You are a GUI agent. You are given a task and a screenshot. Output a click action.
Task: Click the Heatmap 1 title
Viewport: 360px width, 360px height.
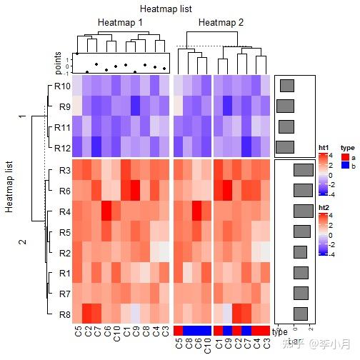click(120, 23)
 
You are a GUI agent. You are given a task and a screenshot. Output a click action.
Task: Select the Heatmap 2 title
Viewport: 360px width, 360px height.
click(221, 23)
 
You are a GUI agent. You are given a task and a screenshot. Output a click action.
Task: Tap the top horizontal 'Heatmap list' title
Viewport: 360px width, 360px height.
click(169, 9)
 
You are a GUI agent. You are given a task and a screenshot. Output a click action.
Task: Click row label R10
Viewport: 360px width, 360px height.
click(61, 86)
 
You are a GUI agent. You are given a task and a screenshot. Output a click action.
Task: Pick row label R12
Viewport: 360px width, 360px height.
click(61, 148)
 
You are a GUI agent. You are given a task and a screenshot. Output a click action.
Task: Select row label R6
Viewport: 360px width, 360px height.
click(64, 191)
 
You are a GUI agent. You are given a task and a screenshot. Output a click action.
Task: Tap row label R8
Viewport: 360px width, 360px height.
click(64, 314)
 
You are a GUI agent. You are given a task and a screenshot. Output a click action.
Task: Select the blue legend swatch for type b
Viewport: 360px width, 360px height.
click(344, 165)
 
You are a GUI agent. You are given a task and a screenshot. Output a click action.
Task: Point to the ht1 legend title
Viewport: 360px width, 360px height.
click(324, 148)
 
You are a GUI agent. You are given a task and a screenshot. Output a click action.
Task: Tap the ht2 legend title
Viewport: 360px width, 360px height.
click(324, 206)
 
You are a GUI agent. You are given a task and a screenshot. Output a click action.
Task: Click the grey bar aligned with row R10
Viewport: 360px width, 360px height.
click(288, 86)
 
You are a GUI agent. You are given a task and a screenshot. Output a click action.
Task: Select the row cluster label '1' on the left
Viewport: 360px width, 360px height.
click(21, 116)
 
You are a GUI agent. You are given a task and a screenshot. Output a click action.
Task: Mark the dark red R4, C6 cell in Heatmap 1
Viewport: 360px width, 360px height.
click(106, 211)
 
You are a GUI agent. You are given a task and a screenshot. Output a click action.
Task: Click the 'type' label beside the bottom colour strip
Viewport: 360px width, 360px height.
click(279, 332)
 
